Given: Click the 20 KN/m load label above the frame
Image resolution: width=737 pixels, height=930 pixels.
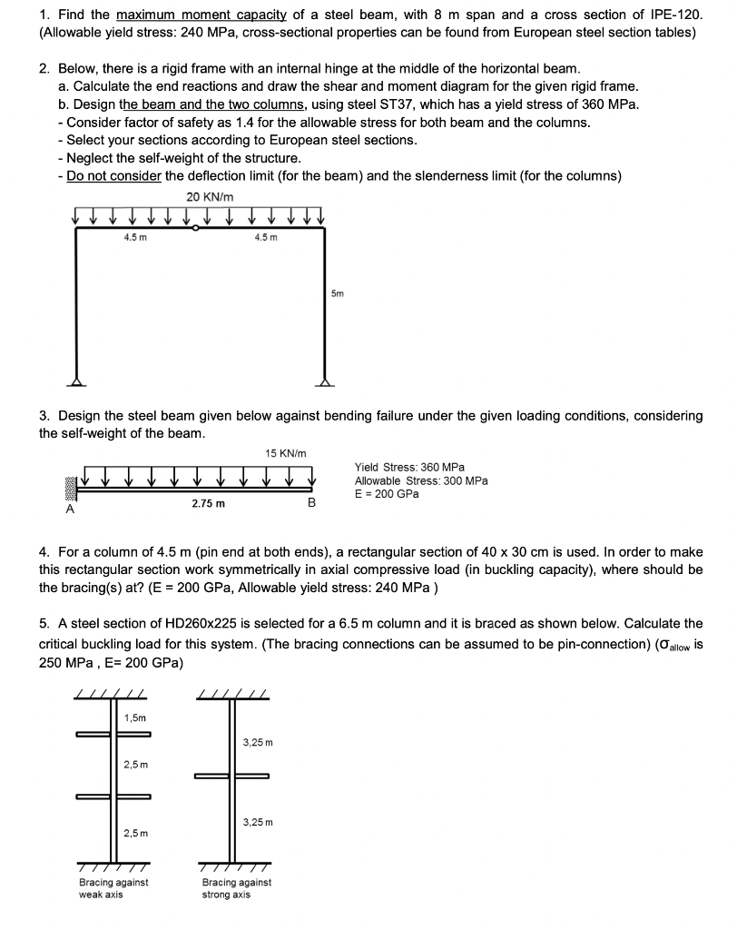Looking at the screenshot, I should (x=210, y=197).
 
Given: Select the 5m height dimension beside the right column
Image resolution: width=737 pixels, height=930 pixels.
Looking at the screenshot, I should (x=338, y=294).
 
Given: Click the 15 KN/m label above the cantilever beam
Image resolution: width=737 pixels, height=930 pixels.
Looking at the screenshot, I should (x=286, y=453).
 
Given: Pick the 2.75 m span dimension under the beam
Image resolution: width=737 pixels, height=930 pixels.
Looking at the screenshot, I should (x=209, y=502).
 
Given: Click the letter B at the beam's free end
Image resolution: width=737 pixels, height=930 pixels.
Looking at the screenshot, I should (x=311, y=502).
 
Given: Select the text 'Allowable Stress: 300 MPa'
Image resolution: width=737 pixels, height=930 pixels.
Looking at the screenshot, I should (x=420, y=480).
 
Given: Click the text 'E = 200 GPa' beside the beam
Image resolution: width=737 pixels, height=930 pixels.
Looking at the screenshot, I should (x=387, y=494).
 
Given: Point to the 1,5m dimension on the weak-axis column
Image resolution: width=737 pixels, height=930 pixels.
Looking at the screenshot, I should (x=134, y=717).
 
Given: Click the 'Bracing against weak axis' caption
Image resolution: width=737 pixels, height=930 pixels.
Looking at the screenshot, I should (x=113, y=887).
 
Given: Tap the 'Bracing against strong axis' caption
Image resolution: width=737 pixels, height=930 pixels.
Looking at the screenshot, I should (x=236, y=887).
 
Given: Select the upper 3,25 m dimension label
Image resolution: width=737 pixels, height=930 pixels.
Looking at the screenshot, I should (x=258, y=743).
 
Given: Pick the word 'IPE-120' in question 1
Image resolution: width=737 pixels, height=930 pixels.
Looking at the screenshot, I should (x=676, y=15).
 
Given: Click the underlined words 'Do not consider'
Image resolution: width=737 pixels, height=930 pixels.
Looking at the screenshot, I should (x=114, y=175).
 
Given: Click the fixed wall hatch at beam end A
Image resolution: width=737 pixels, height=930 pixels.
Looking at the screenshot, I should (x=69, y=488).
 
